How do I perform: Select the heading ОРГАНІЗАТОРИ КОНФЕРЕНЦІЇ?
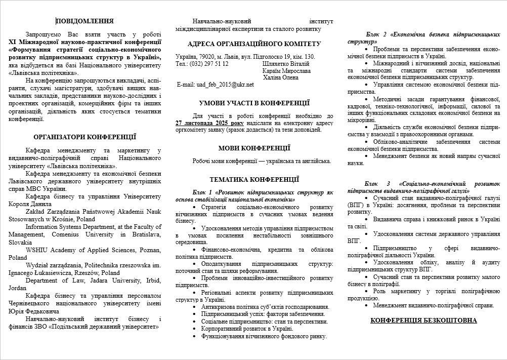[85, 137]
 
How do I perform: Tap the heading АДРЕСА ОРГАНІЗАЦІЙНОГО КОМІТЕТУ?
[254, 44]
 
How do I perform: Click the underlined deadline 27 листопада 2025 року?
[209, 123]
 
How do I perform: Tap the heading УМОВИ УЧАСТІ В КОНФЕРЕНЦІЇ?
[254, 103]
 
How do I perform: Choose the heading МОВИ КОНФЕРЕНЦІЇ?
[254, 148]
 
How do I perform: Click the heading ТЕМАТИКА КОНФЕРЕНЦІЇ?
[254, 179]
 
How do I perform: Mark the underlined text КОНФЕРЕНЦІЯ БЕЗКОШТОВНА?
[424, 321]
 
